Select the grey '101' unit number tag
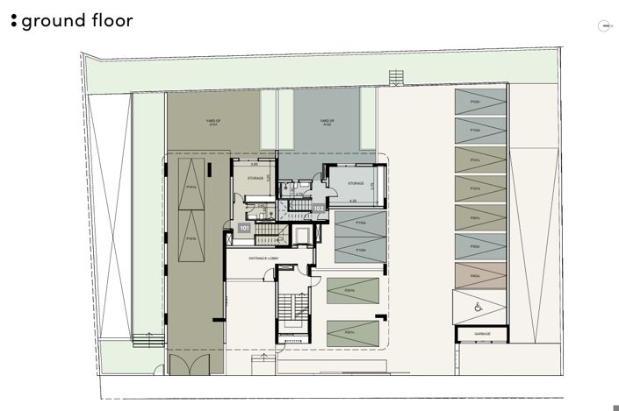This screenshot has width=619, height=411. pyautogui.click(x=245, y=228)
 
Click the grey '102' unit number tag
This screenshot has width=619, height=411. pyautogui.click(x=318, y=209)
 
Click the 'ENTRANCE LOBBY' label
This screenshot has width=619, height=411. pyautogui.click(x=264, y=259)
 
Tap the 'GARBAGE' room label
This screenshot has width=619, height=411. pyautogui.click(x=482, y=334)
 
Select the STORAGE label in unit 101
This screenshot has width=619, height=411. pyautogui.click(x=256, y=179)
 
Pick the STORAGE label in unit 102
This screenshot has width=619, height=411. pyautogui.click(x=356, y=184)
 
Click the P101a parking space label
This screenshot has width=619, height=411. pyautogui.click(x=191, y=187)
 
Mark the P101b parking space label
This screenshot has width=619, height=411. pyautogui.click(x=191, y=237)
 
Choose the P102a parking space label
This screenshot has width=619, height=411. pyautogui.click(x=361, y=223)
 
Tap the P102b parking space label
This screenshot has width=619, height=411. pyautogui.click(x=361, y=250)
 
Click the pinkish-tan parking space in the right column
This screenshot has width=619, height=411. pyautogui.click(x=479, y=276)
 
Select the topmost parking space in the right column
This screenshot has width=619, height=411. pyautogui.click(x=479, y=103)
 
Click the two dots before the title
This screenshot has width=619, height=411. pyautogui.click(x=13, y=20)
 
